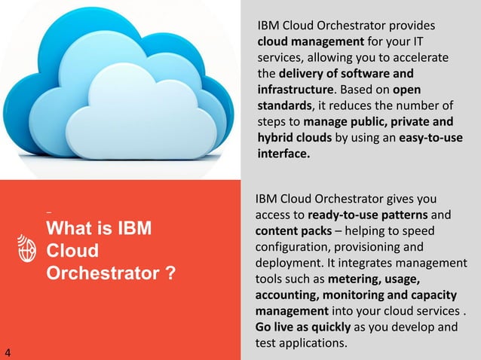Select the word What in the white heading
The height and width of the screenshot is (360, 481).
[69, 228]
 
